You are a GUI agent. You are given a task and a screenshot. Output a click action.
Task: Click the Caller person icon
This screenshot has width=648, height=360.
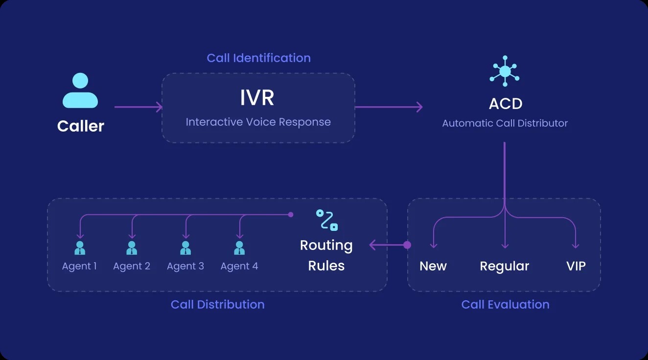pos(80,90)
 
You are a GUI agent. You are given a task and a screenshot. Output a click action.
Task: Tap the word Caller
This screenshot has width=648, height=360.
pos(81,126)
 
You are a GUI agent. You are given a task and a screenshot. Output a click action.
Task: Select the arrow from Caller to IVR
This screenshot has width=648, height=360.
pos(138,107)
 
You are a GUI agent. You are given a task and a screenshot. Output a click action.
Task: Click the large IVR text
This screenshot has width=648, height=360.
pos(257,98)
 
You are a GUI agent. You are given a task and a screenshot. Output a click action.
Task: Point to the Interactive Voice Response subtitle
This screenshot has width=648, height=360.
pos(258,122)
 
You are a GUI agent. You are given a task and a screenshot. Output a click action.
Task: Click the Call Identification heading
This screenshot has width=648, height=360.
pos(258,58)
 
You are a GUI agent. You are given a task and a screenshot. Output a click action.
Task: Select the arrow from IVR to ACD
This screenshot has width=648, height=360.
pos(389,107)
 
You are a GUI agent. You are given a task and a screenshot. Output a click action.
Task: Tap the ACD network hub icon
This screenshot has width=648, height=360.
pos(505,72)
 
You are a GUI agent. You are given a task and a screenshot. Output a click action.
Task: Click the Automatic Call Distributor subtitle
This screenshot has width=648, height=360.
pos(505,123)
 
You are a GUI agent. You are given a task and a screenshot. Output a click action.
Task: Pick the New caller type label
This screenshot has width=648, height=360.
pos(433,266)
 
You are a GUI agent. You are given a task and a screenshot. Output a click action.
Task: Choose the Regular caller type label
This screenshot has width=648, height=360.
pos(504,266)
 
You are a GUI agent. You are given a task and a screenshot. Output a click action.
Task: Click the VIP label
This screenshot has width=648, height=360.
pos(576,266)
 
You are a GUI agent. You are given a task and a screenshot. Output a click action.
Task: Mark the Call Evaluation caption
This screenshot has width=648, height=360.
pos(505,304)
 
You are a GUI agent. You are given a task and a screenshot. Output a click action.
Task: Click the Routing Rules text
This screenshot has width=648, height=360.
pos(326,255)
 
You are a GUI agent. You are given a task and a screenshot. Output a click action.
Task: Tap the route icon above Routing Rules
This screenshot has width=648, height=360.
pos(326,220)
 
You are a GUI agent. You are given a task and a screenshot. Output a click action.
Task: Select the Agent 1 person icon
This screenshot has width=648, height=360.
pos(79,248)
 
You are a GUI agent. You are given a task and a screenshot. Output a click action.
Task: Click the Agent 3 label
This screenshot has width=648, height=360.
pos(185,266)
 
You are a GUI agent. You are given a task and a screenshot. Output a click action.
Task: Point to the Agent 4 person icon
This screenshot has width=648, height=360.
pos(239,248)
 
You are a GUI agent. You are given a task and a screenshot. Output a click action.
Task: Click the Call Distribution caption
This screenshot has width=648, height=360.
pos(217,304)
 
